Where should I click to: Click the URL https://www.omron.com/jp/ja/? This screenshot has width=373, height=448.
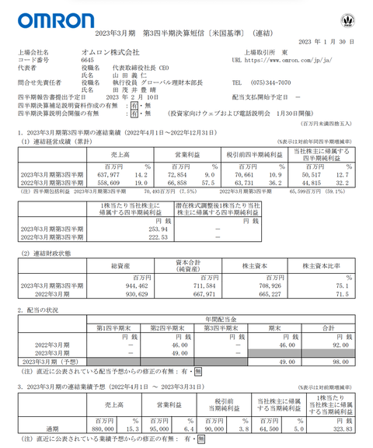[x=288, y=59]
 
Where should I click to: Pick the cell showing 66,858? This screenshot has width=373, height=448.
[x=176, y=183]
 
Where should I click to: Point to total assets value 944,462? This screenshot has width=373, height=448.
[x=124, y=285]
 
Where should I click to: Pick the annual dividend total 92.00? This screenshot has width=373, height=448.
[x=342, y=345]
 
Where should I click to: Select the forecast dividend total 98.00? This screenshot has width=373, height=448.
[x=342, y=361]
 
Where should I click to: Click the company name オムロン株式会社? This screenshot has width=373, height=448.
[x=109, y=52]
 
